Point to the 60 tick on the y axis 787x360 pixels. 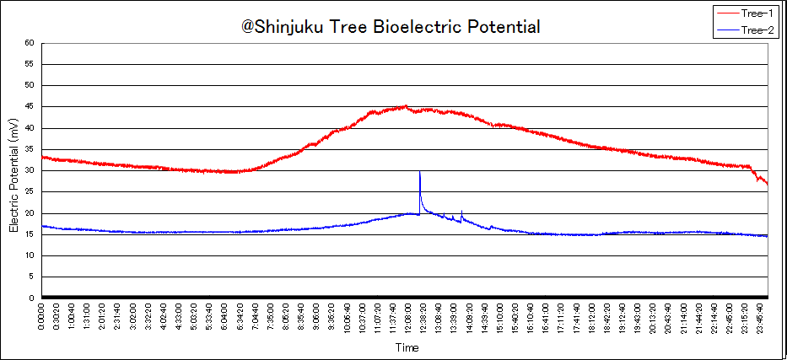pyautogui.click(x=30, y=43)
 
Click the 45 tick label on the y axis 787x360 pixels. pyautogui.click(x=30, y=107)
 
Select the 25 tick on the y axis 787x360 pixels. pyautogui.click(x=30, y=192)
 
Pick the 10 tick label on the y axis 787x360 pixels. pyautogui.click(x=30, y=255)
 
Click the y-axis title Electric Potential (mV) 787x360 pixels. pyautogui.click(x=13, y=175)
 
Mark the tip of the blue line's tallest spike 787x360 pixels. pyautogui.click(x=419, y=172)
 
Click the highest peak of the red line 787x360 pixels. pyautogui.click(x=406, y=105)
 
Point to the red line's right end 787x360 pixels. pyautogui.click(x=767, y=184)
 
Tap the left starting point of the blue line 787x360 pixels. pyautogui.click(x=43, y=226)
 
